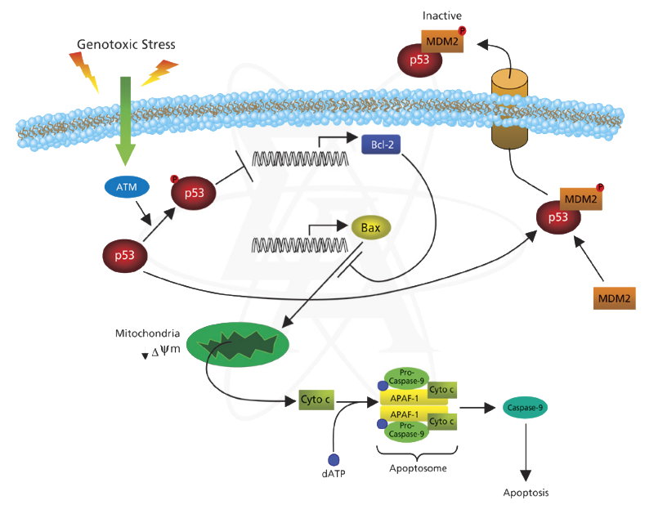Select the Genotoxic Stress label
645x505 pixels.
click(x=126, y=44)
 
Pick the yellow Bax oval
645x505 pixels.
click(x=370, y=227)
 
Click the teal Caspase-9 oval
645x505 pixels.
click(x=525, y=406)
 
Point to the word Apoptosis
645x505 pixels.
click(x=525, y=493)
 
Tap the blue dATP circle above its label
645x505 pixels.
click(x=334, y=460)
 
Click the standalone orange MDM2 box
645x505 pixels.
click(x=614, y=298)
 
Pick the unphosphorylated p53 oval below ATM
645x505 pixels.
click(x=124, y=256)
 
